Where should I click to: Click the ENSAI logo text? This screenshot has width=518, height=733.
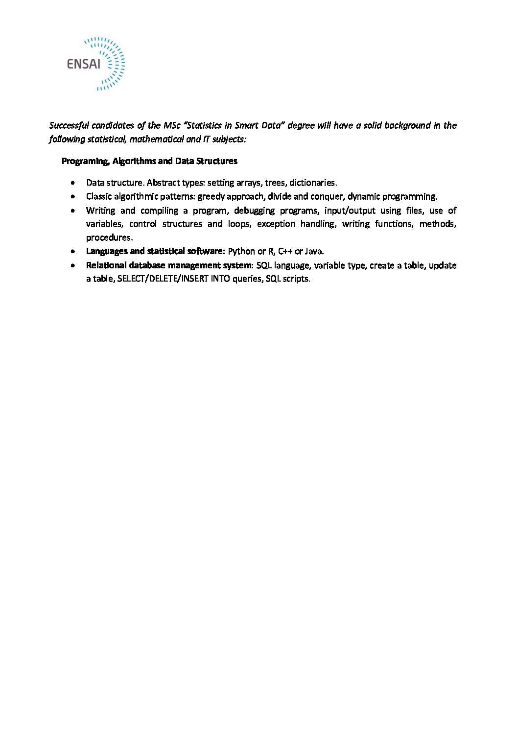click(84, 64)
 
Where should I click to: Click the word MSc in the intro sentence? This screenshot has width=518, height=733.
click(172, 125)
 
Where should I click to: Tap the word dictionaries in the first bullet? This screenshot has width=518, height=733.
click(312, 183)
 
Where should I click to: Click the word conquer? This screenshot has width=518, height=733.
click(327, 197)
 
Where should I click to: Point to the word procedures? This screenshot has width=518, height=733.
click(109, 238)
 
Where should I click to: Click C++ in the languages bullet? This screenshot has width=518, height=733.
click(285, 252)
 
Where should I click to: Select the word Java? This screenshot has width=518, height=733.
click(314, 252)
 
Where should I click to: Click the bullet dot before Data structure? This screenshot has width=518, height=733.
click(73, 183)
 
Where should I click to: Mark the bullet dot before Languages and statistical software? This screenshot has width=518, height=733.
click(73, 252)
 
